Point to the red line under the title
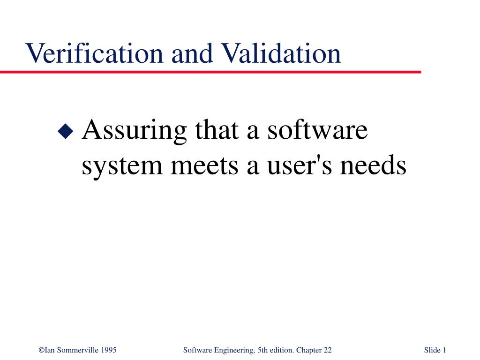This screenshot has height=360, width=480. click(211, 72)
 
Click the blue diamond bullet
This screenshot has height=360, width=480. click(65, 131)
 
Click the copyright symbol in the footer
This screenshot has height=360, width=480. click(42, 350)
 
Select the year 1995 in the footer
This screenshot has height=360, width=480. click(109, 350)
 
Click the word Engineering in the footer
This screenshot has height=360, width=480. click(232, 350)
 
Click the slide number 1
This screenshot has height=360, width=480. click(444, 350)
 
